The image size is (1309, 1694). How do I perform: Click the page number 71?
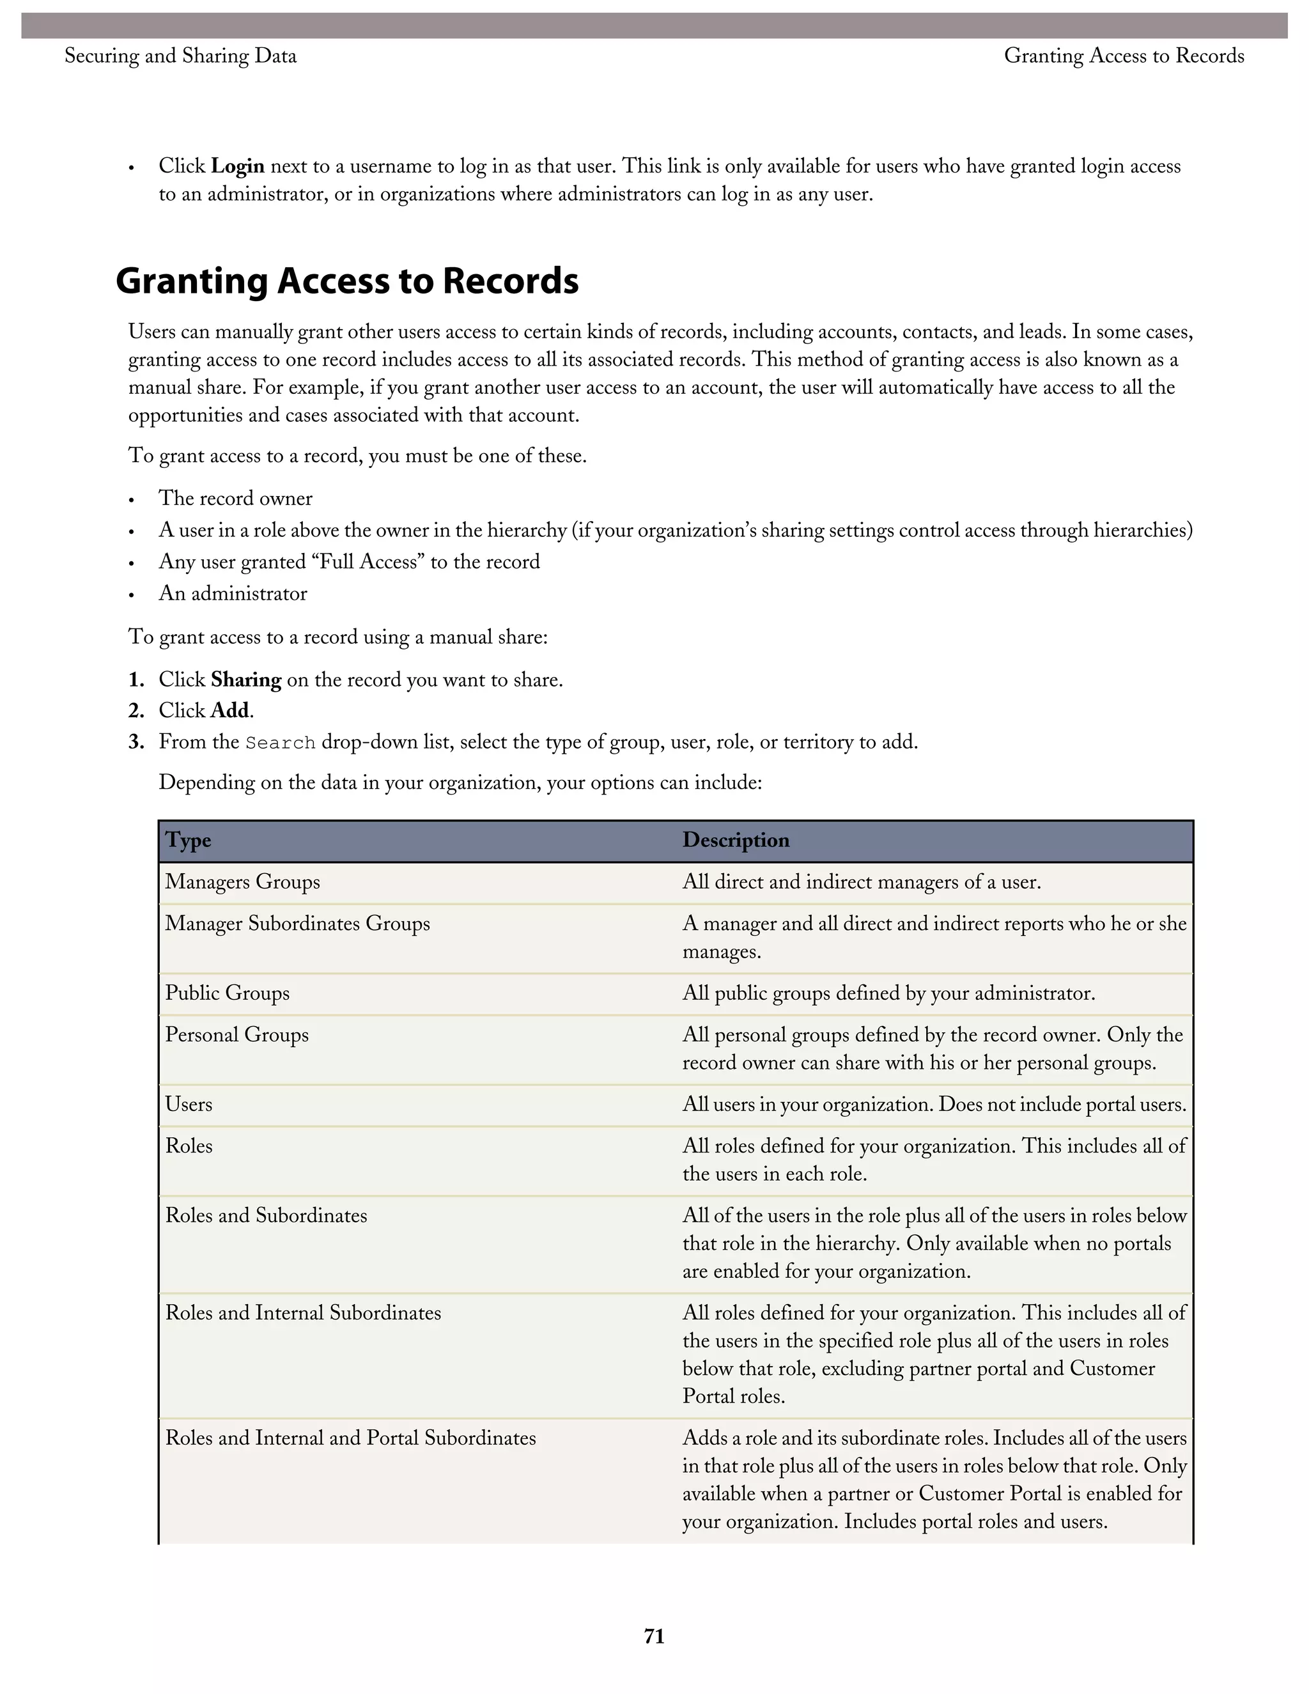(x=654, y=1636)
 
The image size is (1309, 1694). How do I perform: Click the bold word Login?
(x=237, y=166)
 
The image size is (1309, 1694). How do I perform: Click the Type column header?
(x=188, y=840)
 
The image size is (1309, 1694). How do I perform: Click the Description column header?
(x=735, y=840)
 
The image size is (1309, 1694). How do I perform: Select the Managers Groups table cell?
(x=242, y=882)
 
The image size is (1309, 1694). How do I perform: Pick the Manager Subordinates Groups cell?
(x=297, y=924)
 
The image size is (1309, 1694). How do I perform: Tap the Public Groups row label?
(x=226, y=993)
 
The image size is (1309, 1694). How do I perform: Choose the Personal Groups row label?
(x=236, y=1035)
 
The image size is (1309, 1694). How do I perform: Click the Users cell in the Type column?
(x=189, y=1104)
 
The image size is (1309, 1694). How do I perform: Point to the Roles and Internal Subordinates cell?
(x=302, y=1312)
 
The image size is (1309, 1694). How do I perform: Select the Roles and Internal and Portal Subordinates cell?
(x=350, y=1437)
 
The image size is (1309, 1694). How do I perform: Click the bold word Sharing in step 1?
(x=246, y=680)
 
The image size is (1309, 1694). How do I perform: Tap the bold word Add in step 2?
(x=230, y=710)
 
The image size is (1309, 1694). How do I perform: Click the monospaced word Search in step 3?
(x=280, y=743)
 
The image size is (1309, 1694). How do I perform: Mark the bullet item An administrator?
(x=233, y=593)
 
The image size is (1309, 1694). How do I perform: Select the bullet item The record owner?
(x=235, y=498)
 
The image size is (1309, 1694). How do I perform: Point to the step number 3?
(x=137, y=742)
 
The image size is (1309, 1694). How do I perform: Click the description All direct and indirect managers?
(x=861, y=882)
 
